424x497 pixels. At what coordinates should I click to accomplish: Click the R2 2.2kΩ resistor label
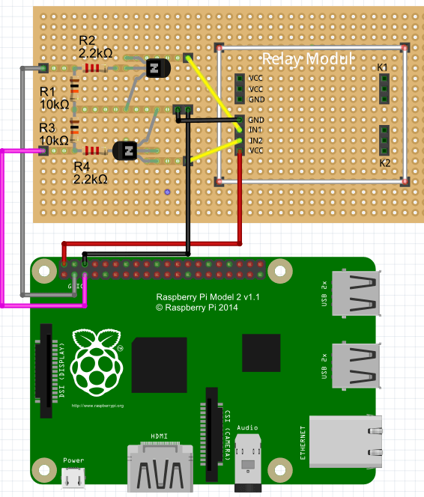coord(95,46)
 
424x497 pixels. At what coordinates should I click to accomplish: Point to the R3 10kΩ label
coord(54,134)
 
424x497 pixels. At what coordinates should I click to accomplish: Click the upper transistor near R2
coord(156,68)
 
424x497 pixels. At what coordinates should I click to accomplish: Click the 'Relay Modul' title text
coord(307,58)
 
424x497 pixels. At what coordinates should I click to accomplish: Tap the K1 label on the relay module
coord(383,68)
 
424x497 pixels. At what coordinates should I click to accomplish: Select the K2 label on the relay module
coord(385,162)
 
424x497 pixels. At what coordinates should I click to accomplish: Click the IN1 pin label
coord(255,130)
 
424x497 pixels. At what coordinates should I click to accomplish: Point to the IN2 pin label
coord(255,140)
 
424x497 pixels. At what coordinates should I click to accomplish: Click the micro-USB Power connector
coord(73,475)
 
